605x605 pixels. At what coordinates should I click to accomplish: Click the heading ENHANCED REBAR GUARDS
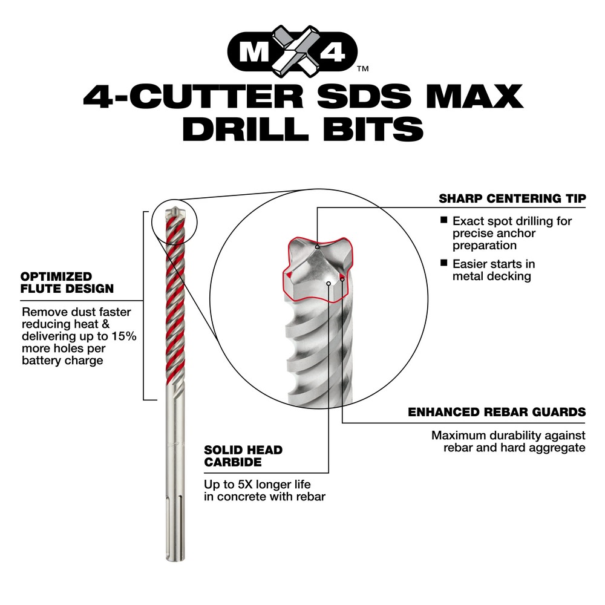[497, 412]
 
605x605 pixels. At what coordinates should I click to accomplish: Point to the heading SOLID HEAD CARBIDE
[243, 456]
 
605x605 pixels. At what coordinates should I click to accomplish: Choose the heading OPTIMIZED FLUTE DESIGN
[67, 282]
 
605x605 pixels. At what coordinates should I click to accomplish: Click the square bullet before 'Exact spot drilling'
[443, 221]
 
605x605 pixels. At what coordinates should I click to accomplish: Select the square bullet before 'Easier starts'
[443, 264]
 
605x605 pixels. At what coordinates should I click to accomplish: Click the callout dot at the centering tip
[317, 246]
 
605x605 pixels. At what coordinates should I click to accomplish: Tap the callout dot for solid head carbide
[329, 282]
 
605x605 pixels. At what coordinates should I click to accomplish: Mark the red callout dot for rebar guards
[342, 278]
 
